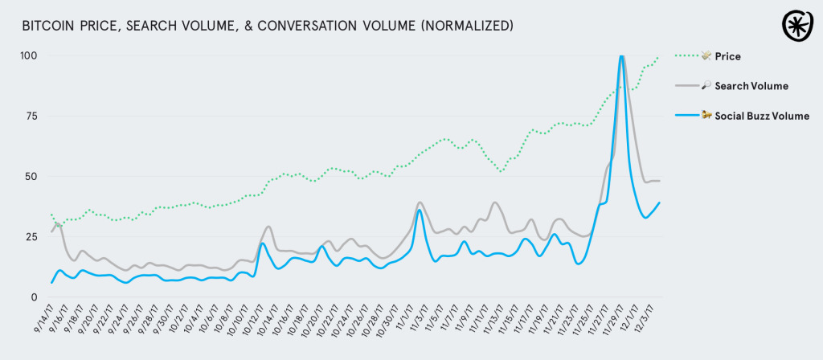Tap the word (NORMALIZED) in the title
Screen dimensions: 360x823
click(x=465, y=26)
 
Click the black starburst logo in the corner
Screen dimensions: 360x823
click(x=797, y=25)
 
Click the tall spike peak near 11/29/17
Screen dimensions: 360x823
click(x=621, y=56)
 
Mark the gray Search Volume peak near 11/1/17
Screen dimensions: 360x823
click(x=420, y=202)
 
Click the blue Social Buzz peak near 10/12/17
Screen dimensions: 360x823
click(x=262, y=243)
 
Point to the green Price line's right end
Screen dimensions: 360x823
click(x=658, y=57)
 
